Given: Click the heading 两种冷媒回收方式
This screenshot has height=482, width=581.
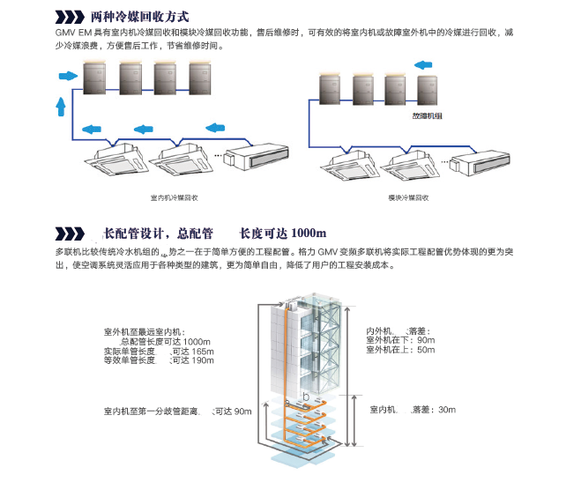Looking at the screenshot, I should click(140, 16).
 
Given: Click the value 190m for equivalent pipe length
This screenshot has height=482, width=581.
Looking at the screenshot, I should click(202, 360).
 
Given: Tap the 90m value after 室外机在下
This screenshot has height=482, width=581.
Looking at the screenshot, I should click(426, 340).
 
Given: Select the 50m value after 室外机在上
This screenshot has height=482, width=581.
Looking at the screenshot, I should click(426, 350).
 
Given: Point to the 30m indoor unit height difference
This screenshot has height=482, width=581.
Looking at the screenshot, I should click(446, 409).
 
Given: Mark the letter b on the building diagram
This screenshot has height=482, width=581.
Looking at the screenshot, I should click(305, 397).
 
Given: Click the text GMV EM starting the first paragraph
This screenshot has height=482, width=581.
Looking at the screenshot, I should click(73, 33).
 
